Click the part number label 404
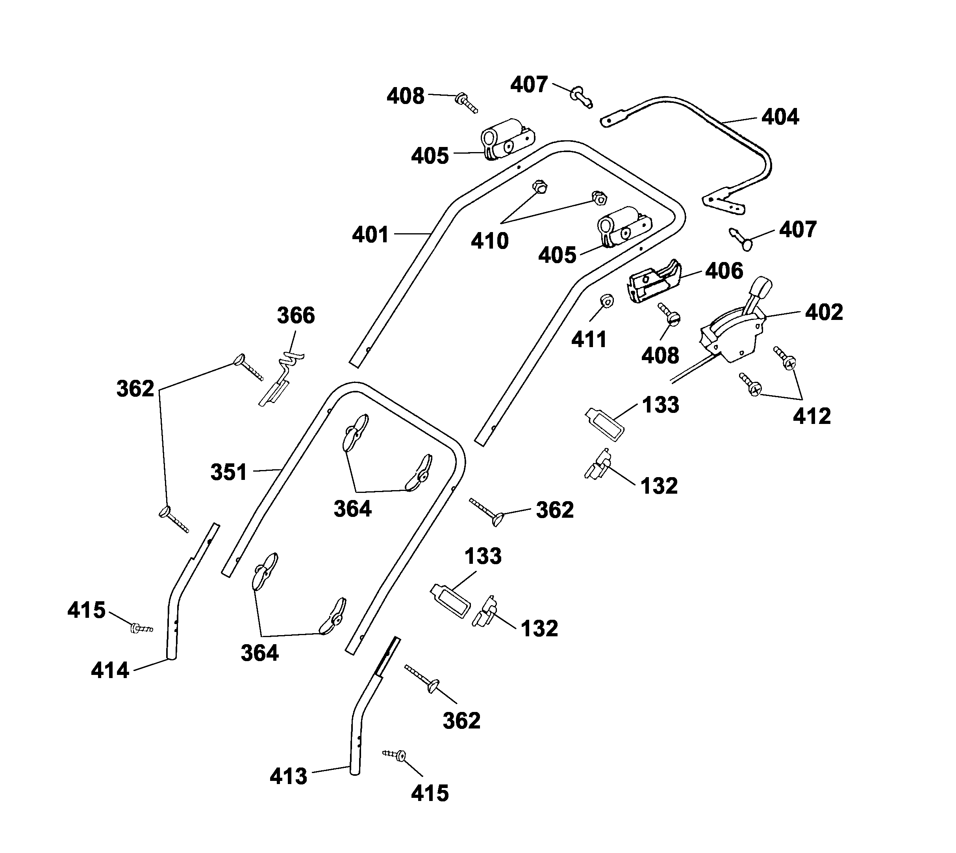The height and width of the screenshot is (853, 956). (780, 117)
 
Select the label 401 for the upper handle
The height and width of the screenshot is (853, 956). (370, 235)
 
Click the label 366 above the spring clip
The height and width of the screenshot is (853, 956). (296, 316)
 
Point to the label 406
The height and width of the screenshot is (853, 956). (724, 271)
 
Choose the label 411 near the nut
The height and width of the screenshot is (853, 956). (589, 340)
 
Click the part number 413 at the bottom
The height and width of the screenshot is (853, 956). (288, 777)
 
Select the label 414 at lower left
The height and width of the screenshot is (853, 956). (109, 671)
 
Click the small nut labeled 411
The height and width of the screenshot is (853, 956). (607, 301)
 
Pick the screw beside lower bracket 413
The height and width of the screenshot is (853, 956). (395, 755)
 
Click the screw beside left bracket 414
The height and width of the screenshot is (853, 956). (141, 628)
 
